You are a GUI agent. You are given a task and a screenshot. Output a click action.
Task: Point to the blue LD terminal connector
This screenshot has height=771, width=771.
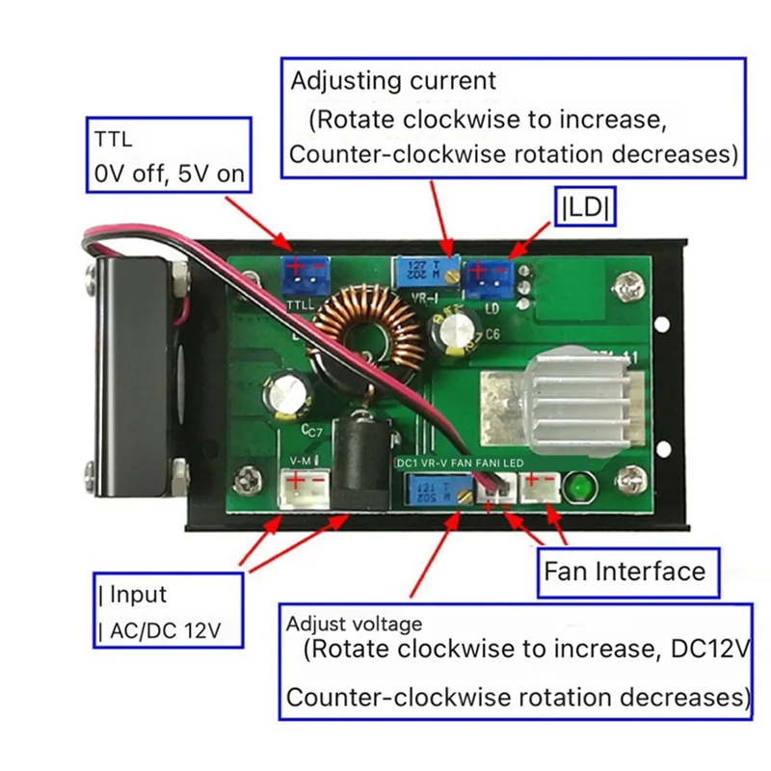[488, 278]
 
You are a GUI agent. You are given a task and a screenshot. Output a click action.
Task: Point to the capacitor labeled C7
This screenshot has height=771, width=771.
[289, 395]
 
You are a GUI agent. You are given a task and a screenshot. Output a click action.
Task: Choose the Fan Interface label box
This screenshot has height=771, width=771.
[625, 571]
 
